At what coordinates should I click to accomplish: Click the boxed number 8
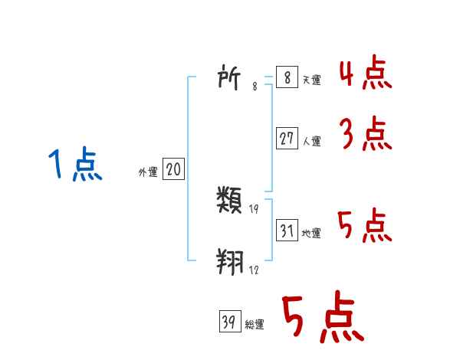[x=286, y=77]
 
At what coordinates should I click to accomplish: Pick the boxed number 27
[x=287, y=139]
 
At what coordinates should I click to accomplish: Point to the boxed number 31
[x=287, y=231]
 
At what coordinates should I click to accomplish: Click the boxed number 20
[x=173, y=170]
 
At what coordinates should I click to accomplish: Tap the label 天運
[x=311, y=80]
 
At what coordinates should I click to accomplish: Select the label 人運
[x=311, y=141]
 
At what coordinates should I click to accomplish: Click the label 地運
[x=311, y=233]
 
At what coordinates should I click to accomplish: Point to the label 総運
[x=255, y=325]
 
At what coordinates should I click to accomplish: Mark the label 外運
[x=148, y=172]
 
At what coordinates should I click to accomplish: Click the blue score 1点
[x=74, y=165]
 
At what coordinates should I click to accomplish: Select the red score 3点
[x=365, y=135]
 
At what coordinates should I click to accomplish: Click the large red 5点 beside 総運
[x=322, y=318]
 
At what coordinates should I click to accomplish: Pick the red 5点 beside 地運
[x=365, y=225]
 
